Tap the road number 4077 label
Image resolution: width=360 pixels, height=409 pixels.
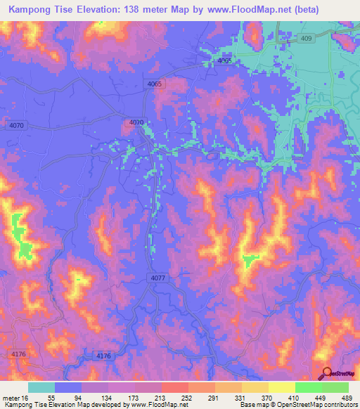[158, 279]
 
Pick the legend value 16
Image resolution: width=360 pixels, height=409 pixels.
[26, 397]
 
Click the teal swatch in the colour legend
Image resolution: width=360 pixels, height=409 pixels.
[41, 387]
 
